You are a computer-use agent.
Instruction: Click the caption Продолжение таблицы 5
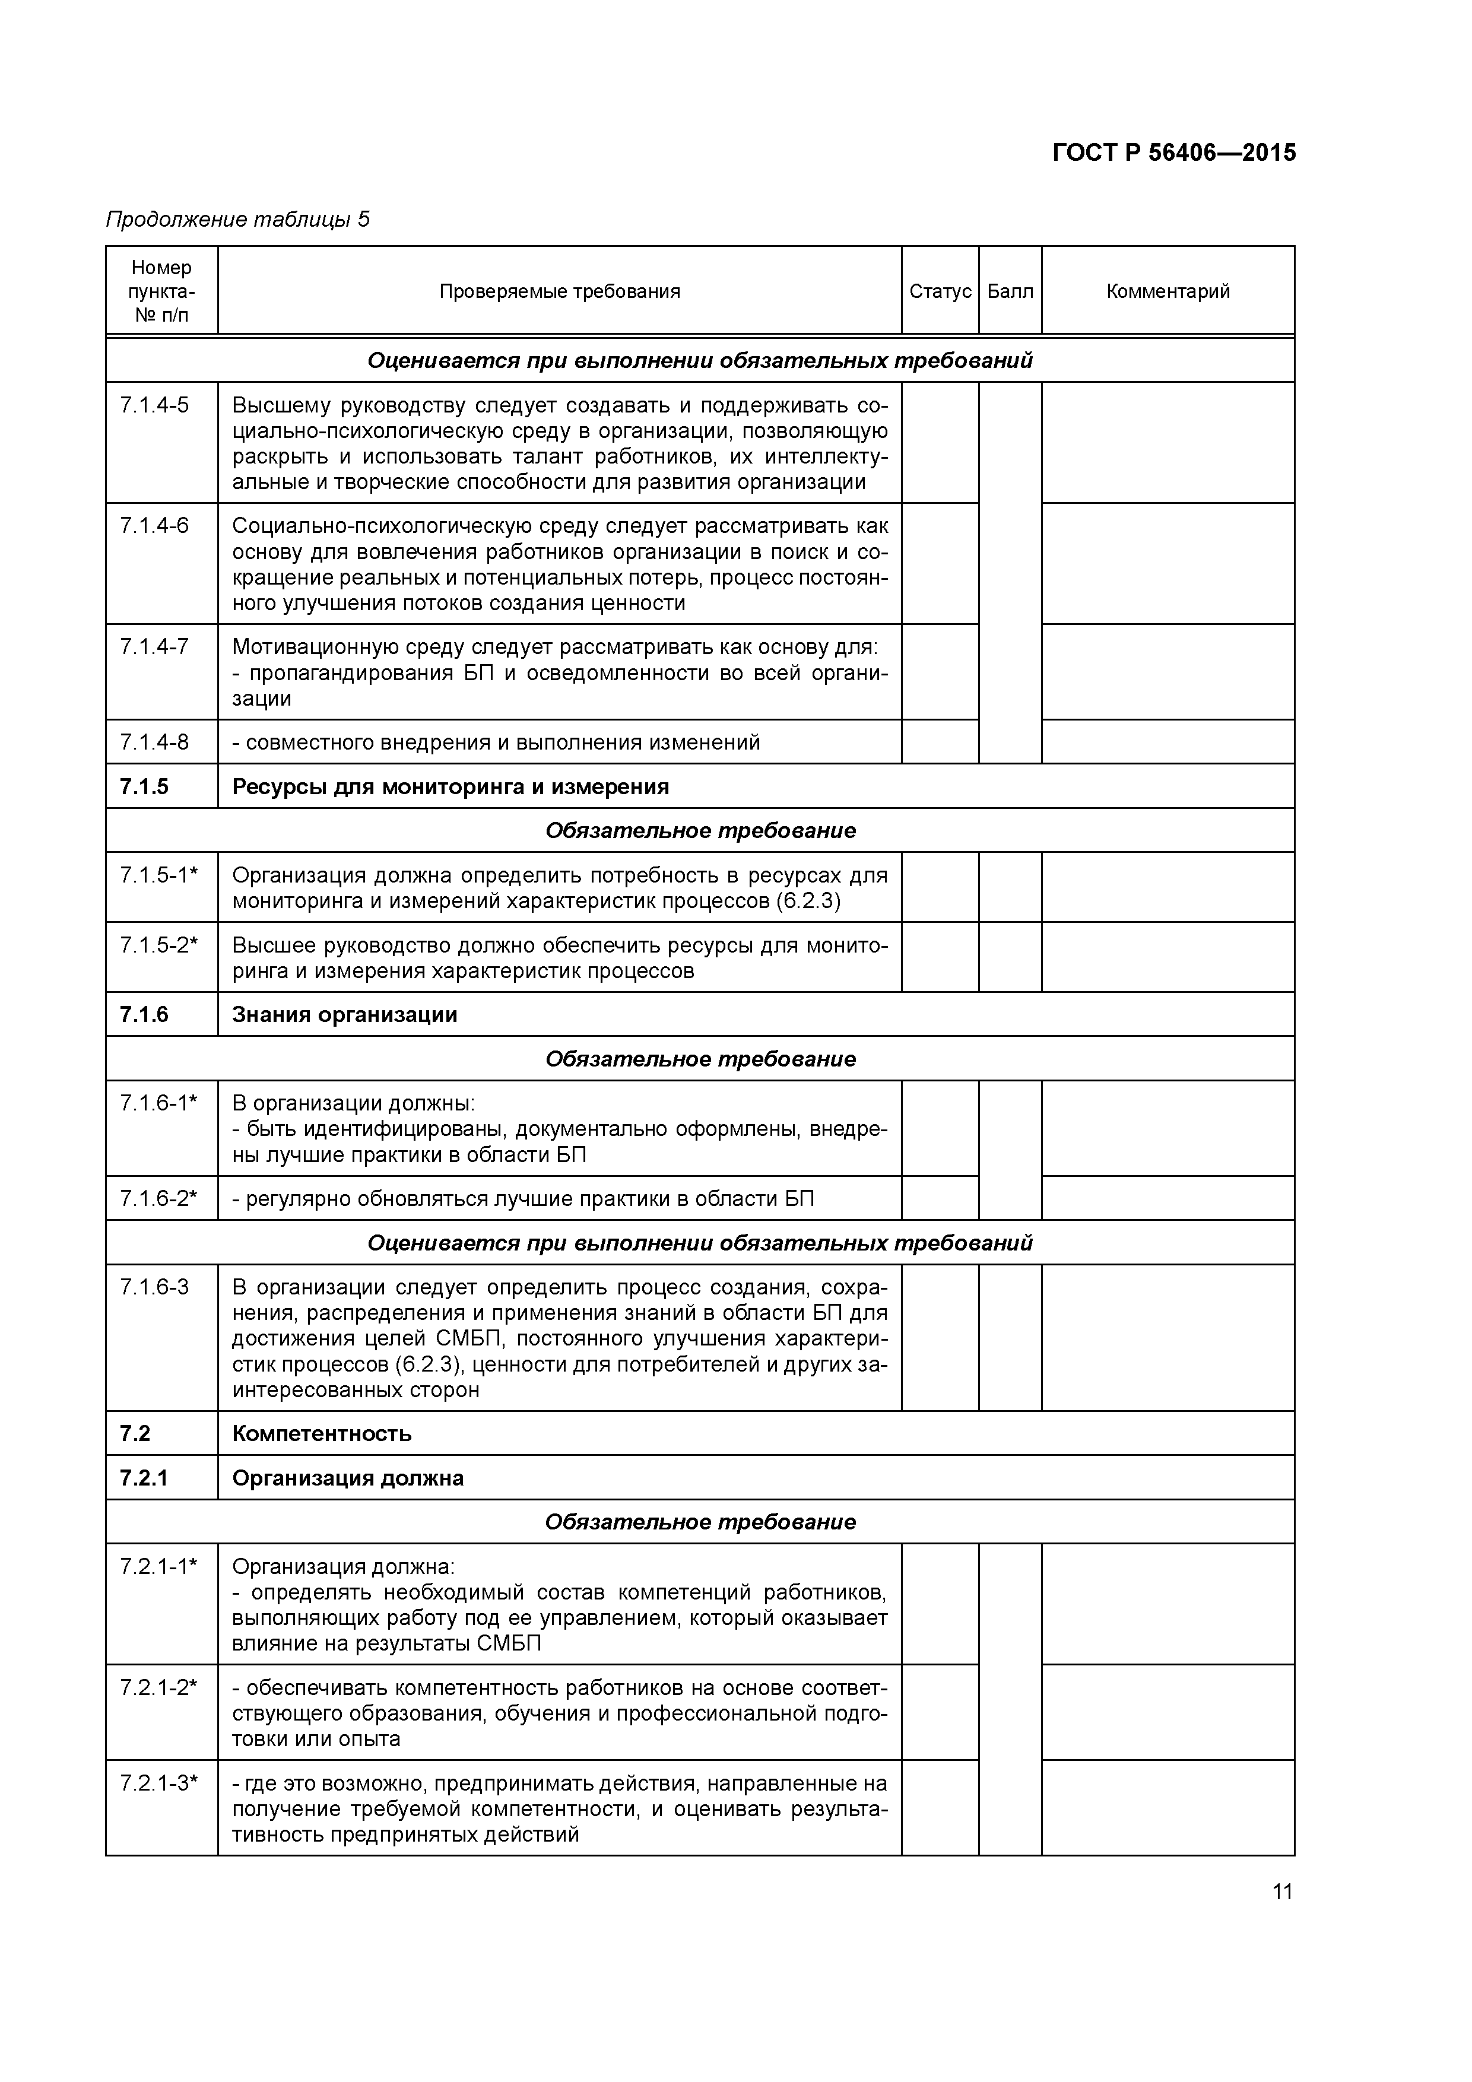(237, 220)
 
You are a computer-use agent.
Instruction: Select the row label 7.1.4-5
(154, 405)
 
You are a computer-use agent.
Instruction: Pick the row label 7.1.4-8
(154, 742)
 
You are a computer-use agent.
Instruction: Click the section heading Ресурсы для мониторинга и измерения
(450, 786)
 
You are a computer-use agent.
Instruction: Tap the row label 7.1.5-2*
(158, 945)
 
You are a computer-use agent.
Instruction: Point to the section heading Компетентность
(321, 1434)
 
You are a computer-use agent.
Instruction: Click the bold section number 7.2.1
(143, 1478)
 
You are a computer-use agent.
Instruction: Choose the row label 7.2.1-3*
(158, 1783)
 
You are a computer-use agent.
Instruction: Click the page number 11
(1281, 1891)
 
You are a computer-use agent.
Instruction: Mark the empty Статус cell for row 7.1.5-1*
(940, 887)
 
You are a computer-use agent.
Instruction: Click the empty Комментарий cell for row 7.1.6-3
(1168, 1338)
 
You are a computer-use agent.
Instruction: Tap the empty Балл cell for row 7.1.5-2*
(1010, 957)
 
